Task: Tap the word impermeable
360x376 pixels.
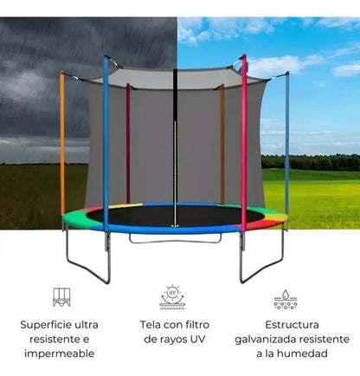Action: tap(60, 353)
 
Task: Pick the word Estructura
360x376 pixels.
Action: tap(292, 325)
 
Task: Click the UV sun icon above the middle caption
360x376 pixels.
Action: tap(172, 297)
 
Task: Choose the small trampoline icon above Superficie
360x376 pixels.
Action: tap(61, 297)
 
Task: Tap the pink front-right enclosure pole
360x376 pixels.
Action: tap(244, 145)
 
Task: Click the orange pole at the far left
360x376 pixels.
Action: tap(62, 145)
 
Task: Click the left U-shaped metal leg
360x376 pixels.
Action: tap(87, 270)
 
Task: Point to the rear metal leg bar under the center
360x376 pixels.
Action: tap(175, 242)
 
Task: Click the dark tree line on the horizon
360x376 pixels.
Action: tap(311, 162)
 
